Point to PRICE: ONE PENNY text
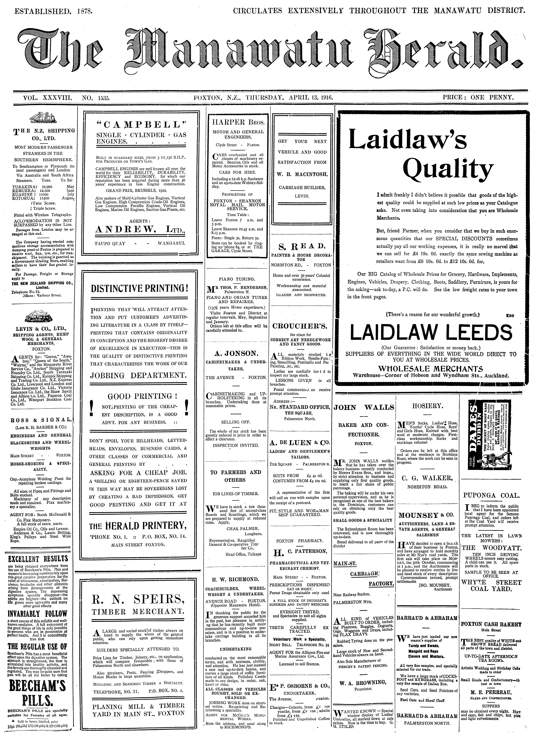pyautogui.click(x=478, y=97)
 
